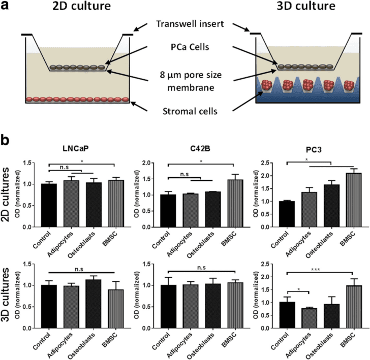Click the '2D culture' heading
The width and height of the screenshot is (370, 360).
pyautogui.click(x=81, y=6)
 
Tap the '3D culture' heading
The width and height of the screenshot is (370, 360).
pyautogui.click(x=306, y=6)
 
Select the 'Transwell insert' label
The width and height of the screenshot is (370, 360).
pyautogui.click(x=190, y=24)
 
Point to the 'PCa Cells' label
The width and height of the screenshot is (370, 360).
pyautogui.click(x=190, y=47)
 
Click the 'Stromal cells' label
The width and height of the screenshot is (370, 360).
pyautogui.click(x=190, y=111)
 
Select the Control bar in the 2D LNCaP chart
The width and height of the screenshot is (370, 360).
pyautogui.click(x=49, y=205)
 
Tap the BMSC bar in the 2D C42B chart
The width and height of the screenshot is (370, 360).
pyautogui.click(x=235, y=203)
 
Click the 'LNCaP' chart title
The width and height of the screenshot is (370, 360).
pyautogui.click(x=76, y=149)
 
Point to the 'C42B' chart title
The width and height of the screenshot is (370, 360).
pyautogui.click(x=200, y=149)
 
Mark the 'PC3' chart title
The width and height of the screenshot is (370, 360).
pyautogui.click(x=314, y=149)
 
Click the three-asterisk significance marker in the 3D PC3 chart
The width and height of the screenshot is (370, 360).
pyautogui.click(x=316, y=269)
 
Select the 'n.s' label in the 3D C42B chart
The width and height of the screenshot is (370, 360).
pyautogui.click(x=201, y=268)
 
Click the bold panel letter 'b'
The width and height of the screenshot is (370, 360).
pyautogui.click(x=5, y=140)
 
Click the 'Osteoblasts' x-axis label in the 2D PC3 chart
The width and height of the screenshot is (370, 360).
pyautogui.click(x=319, y=244)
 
